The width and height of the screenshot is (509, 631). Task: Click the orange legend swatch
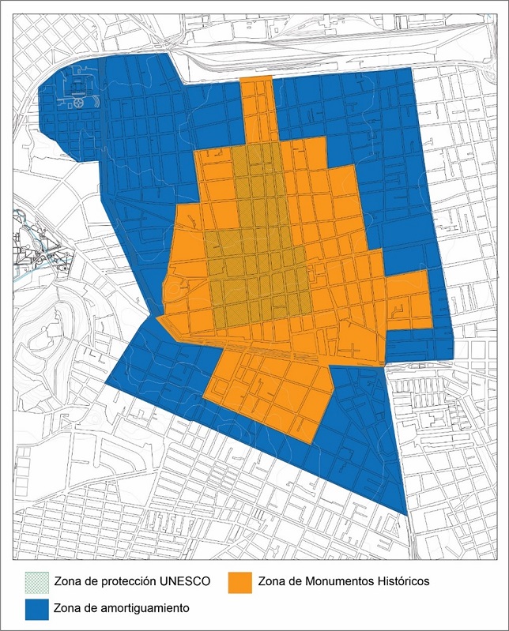click(240, 581)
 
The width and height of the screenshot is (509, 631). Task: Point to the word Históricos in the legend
click(400, 581)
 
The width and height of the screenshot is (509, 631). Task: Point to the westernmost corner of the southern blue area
click(107, 384)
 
